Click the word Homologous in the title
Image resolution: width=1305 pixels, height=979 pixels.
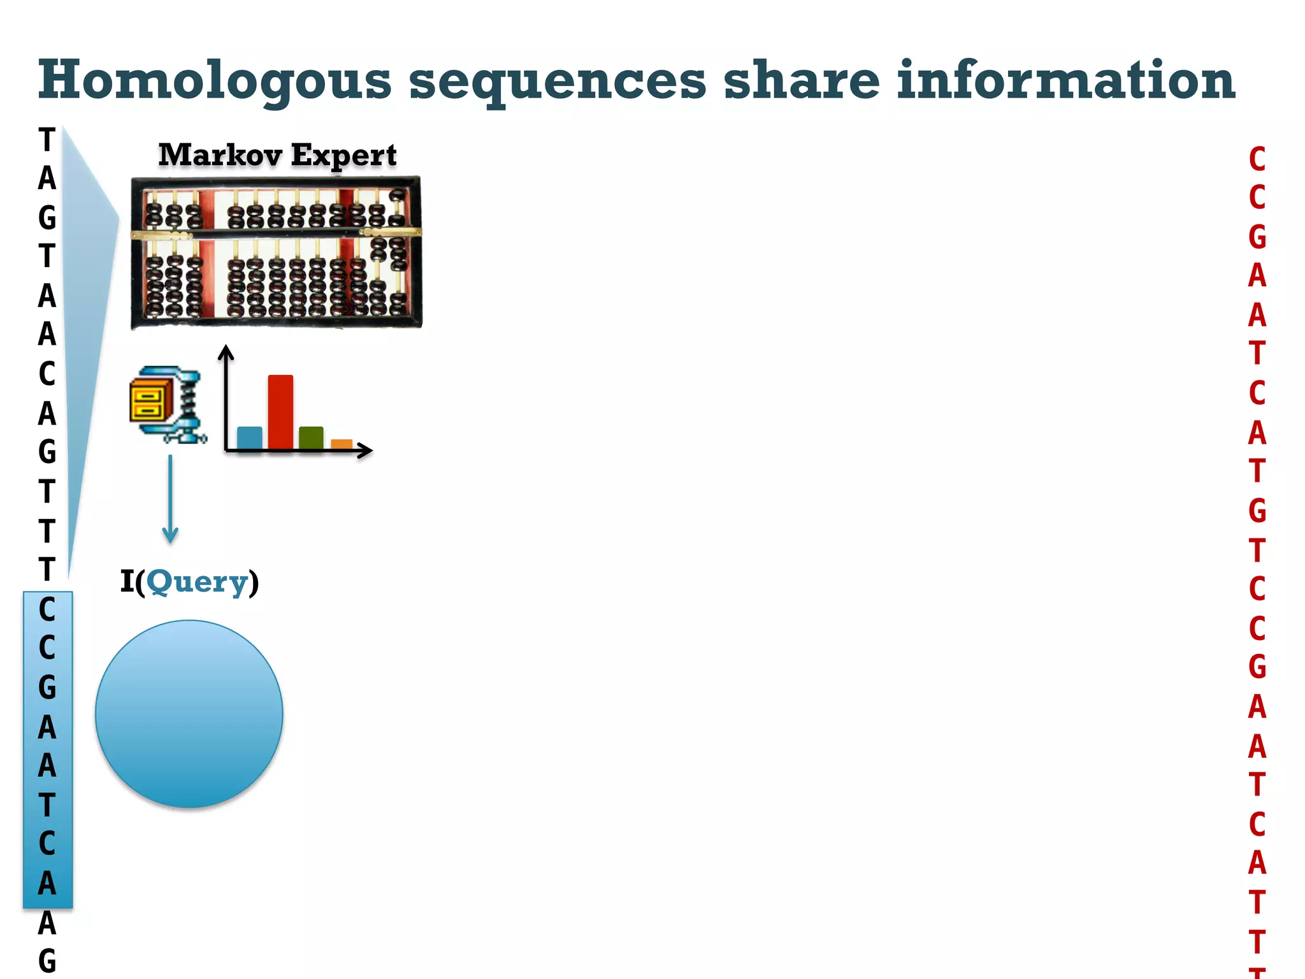tap(214, 82)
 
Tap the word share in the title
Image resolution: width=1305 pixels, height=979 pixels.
tap(802, 80)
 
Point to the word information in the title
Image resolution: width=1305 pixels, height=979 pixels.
tap(1066, 80)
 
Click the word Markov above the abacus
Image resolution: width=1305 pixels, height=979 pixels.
tap(220, 155)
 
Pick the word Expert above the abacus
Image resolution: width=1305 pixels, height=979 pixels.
tap(344, 156)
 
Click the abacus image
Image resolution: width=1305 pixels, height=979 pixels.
tap(276, 252)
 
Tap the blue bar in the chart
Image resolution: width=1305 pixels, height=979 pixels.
tap(249, 438)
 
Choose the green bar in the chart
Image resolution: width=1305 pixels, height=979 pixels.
tap(311, 438)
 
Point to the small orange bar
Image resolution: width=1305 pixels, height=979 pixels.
tap(342, 444)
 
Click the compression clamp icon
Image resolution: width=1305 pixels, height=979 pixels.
tap(168, 405)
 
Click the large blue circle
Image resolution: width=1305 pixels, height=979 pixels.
tap(189, 714)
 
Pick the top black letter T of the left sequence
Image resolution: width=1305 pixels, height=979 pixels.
tap(47, 140)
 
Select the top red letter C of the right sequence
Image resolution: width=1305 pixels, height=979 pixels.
tap(1257, 159)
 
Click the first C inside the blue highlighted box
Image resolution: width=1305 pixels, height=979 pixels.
tap(47, 610)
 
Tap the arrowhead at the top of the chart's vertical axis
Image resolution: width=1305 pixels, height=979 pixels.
tap(226, 352)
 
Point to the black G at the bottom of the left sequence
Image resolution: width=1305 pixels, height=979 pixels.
tap(47, 961)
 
